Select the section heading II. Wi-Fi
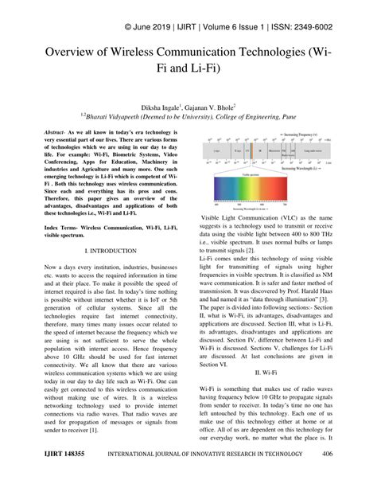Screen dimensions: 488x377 point(266,372)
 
